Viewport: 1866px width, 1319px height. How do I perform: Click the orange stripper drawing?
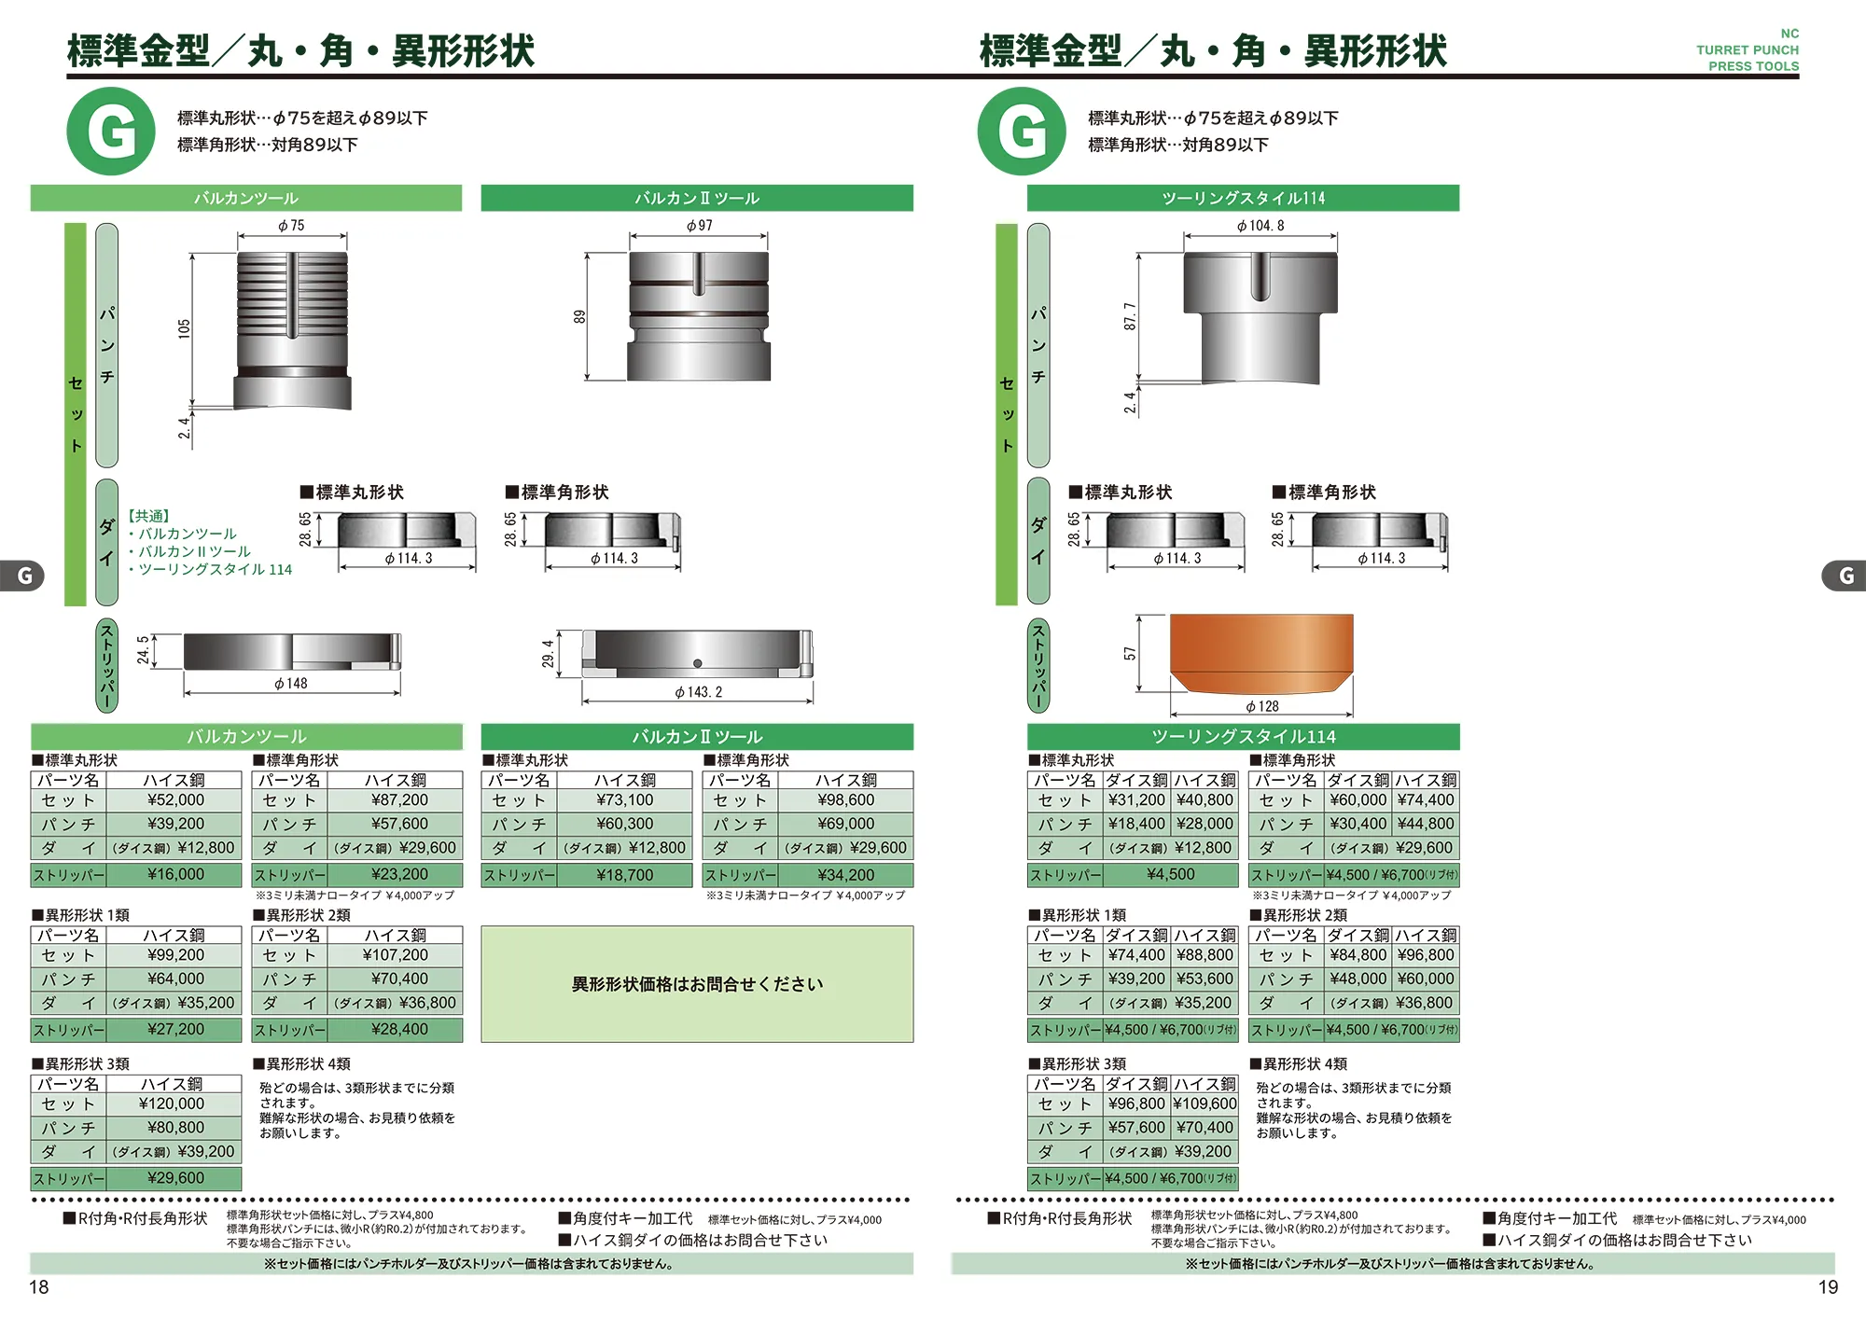tap(1261, 652)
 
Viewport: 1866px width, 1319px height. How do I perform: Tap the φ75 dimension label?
tap(291, 226)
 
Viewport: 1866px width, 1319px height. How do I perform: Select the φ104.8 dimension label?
tap(1260, 226)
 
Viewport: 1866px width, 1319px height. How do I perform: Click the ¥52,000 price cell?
tap(175, 800)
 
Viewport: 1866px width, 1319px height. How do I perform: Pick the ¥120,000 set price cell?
tap(172, 1104)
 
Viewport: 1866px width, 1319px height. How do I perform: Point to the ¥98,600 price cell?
tap(846, 800)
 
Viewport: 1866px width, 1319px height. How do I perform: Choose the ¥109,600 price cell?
tap(1205, 1104)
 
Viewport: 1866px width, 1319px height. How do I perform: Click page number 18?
tap(39, 1287)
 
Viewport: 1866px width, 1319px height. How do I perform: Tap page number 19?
tap(1828, 1287)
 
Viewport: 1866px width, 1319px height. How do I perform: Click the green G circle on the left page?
tap(111, 132)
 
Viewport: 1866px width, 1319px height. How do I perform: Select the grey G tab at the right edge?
tap(1845, 576)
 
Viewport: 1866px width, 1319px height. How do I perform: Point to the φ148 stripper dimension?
tap(291, 684)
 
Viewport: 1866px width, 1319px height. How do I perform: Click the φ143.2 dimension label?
tap(698, 692)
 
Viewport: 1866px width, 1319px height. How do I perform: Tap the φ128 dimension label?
tap(1261, 707)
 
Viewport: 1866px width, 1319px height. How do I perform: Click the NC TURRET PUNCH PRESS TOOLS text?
tap(1748, 50)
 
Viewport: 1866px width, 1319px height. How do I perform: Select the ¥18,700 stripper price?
tap(625, 875)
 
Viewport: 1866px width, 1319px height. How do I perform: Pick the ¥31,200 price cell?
tap(1136, 800)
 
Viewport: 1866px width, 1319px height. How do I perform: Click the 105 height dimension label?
tap(185, 328)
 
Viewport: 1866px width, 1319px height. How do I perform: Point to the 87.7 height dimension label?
tap(1130, 316)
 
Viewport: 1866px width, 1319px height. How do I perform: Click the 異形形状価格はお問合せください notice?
tap(697, 984)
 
